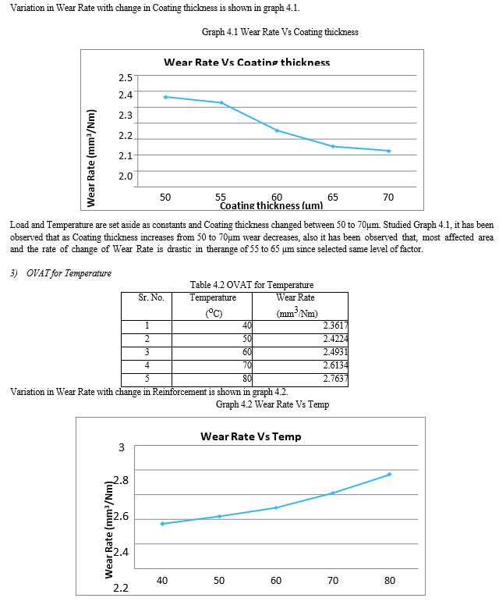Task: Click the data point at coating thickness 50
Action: point(165,97)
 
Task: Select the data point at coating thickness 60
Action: point(277,130)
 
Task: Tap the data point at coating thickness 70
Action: point(388,151)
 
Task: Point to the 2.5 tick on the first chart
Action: point(126,77)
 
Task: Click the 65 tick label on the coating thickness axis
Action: point(333,196)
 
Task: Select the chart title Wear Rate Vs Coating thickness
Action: point(246,62)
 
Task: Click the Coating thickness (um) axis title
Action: point(271,206)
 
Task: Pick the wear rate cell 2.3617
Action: point(335,326)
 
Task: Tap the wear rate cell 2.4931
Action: point(335,353)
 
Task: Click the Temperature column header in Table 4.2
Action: point(213,297)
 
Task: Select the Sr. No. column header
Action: point(151,297)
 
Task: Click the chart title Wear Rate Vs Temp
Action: point(250,436)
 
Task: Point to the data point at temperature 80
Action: point(389,474)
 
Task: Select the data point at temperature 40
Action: point(162,523)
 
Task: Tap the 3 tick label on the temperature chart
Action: point(121,448)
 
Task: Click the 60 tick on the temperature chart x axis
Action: point(276,580)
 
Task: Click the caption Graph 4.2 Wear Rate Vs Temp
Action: point(272,405)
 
